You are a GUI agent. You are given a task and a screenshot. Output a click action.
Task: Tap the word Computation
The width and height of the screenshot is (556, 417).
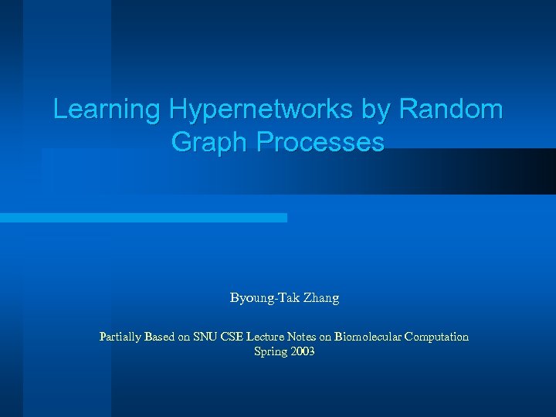[436, 337]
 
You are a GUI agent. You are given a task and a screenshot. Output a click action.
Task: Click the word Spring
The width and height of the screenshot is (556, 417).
[269, 352]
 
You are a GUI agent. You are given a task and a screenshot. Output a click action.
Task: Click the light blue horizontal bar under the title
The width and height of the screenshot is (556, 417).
[143, 218]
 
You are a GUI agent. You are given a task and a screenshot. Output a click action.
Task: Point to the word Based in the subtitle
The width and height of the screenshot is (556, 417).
[161, 337]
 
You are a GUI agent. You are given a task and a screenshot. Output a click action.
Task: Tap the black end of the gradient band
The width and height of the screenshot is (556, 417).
[541, 171]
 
